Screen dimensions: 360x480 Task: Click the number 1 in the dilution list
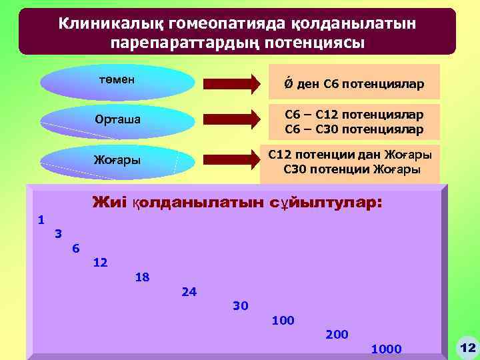(41, 219)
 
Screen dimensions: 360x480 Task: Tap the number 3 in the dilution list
(59, 233)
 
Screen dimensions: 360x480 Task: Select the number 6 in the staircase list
(75, 248)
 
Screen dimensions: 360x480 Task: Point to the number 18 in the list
(142, 277)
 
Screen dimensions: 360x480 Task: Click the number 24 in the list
(189, 291)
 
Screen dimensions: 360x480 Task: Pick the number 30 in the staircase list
(240, 305)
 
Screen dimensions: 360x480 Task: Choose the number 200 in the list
(337, 334)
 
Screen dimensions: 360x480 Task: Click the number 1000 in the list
(386, 349)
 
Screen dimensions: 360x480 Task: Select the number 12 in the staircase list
(101, 262)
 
